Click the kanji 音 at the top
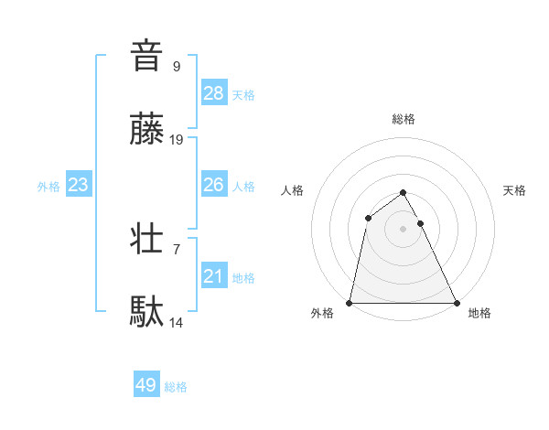146,56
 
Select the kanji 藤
146,129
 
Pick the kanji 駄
146,312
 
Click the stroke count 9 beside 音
176,66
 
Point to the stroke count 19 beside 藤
177,139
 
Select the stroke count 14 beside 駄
177,322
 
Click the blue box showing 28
214,92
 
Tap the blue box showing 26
214,185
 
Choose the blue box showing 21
214,276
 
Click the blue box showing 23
79,185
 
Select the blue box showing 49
146,385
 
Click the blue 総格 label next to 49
176,387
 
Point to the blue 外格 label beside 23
48,187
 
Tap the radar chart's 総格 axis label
403,119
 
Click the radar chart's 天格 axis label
515,190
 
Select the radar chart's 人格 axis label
293,190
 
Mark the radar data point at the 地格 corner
456,302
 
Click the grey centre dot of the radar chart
403,229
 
